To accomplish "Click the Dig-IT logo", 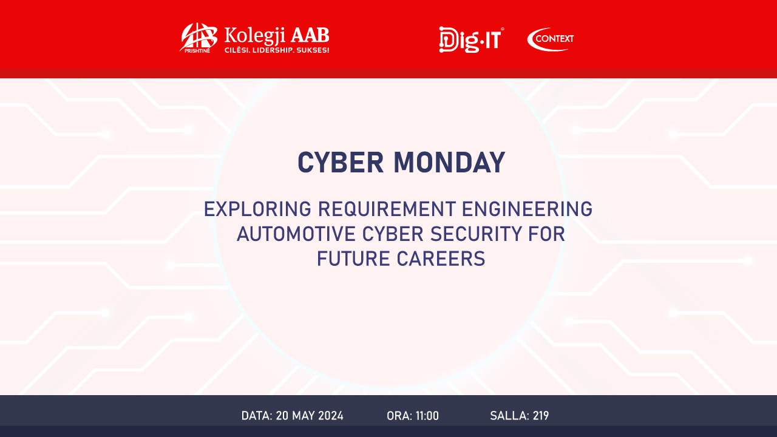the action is coord(471,39).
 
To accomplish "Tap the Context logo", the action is coord(551,39).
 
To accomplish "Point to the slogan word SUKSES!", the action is coord(313,50).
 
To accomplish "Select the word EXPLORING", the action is coord(257,209).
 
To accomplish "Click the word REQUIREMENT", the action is coord(387,209).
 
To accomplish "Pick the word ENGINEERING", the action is coord(528,209).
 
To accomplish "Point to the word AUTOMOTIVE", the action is coord(296,234).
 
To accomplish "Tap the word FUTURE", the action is coord(353,259).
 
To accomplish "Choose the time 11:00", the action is coord(427,416).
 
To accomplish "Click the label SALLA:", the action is coord(509,416).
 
